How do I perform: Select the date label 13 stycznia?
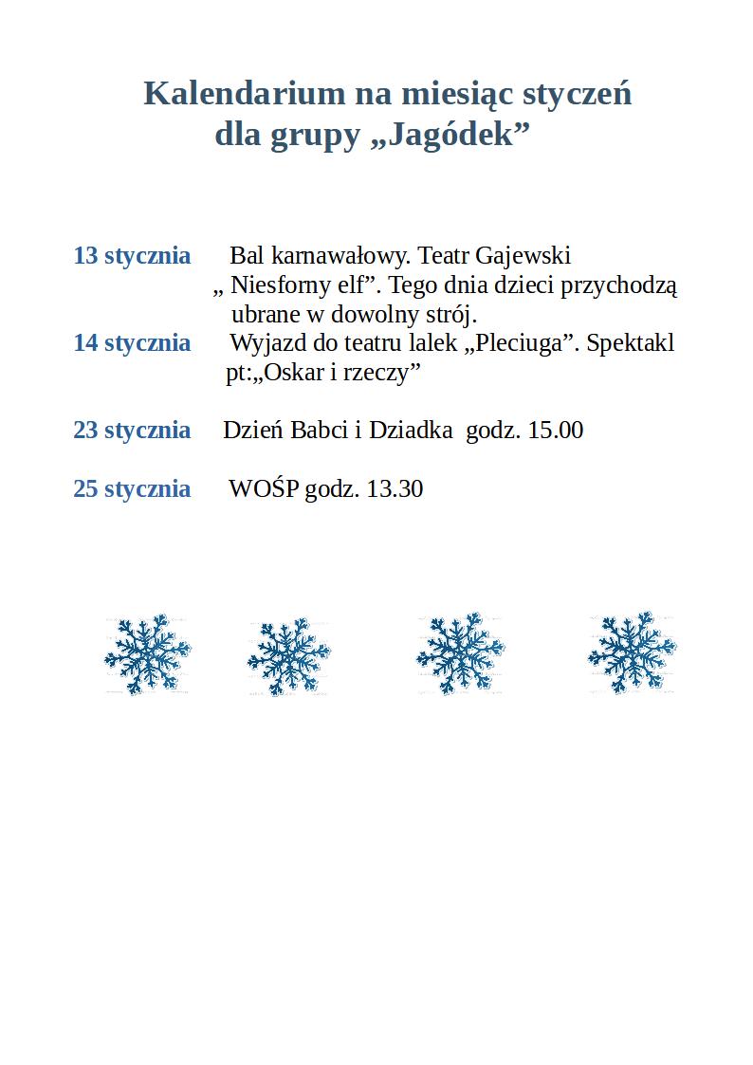tap(132, 256)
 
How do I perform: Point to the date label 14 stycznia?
tap(132, 343)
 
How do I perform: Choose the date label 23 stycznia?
tap(132, 431)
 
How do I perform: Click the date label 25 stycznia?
tap(132, 489)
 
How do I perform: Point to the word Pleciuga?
tap(518, 343)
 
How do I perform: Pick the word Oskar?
tap(295, 373)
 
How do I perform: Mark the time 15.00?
tap(555, 431)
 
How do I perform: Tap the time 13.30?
tap(395, 489)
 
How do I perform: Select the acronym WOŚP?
tap(264, 489)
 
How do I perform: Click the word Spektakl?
tap(631, 343)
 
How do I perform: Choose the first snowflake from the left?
tap(148, 654)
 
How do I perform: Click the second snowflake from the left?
tap(288, 657)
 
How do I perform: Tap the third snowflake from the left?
tap(460, 654)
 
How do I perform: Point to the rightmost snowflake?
tap(632, 653)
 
